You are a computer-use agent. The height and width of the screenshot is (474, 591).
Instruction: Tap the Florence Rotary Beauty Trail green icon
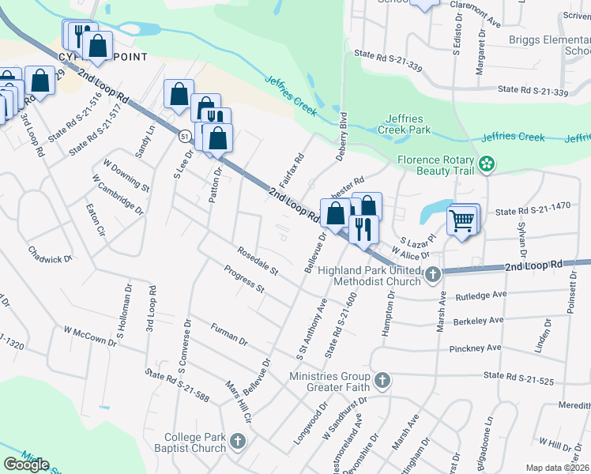(x=487, y=164)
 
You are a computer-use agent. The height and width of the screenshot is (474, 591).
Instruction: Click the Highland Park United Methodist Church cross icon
(x=432, y=275)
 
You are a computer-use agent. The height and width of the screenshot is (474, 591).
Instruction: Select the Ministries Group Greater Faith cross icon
(x=382, y=381)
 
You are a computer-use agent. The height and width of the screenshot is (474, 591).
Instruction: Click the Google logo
(x=26, y=465)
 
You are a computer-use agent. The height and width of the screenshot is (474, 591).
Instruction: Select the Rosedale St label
(x=258, y=261)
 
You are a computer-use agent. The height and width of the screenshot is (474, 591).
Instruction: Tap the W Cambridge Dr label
(x=118, y=195)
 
